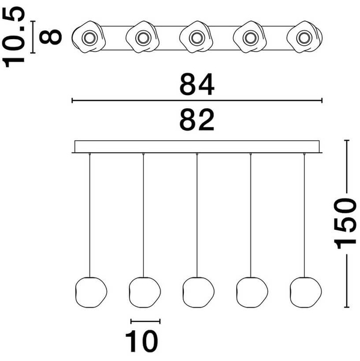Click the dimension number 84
(197, 84)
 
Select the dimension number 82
(197, 120)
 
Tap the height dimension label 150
(345, 224)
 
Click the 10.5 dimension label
(13, 37)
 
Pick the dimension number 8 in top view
(50, 37)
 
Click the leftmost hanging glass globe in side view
(91, 292)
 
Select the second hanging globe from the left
(145, 292)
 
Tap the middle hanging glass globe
(198, 292)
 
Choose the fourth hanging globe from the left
(252, 292)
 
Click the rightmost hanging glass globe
(306, 292)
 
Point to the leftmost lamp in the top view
(89, 37)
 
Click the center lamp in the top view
(196, 37)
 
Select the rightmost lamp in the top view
(305, 37)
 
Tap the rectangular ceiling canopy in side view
(197, 147)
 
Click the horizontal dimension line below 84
(197, 100)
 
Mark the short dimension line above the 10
(145, 321)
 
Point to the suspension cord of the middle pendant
(197, 215)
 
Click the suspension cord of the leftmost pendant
(90, 215)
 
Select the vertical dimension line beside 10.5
(34, 37)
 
